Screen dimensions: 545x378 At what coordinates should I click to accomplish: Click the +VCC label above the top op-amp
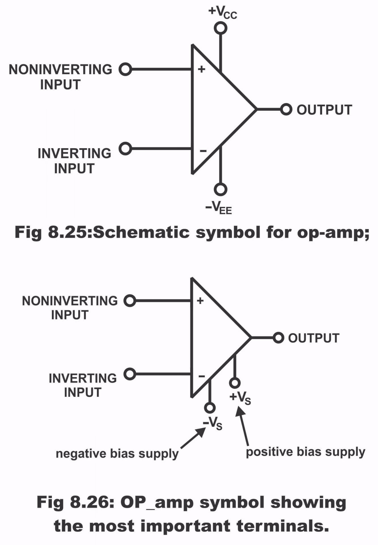click(222, 12)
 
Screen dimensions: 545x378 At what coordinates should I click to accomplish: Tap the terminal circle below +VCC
click(220, 28)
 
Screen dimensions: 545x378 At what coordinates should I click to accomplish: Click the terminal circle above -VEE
click(220, 189)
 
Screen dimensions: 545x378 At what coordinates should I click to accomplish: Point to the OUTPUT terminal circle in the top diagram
click(286, 109)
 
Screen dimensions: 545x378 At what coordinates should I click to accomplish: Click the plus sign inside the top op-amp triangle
click(201, 69)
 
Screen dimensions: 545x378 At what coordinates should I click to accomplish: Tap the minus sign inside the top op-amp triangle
click(203, 151)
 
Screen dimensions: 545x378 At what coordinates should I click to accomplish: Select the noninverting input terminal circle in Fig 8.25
click(125, 69)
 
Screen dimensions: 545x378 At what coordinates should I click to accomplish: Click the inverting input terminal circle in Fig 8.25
click(125, 148)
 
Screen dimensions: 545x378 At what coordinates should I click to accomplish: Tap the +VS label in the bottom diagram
click(240, 397)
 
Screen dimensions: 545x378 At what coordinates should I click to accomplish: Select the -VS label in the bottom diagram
click(213, 424)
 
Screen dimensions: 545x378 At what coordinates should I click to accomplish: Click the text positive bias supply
click(305, 452)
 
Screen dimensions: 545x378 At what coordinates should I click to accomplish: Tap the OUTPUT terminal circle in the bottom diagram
click(278, 338)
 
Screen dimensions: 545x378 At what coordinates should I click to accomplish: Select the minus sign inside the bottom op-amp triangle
click(201, 377)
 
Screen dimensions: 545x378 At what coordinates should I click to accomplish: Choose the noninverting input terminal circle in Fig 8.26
click(130, 301)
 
